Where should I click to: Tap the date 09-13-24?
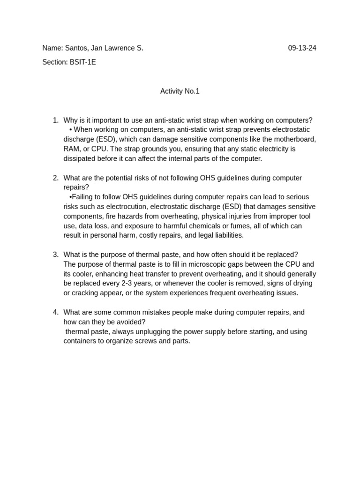pos(302,48)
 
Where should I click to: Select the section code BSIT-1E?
pos(82,62)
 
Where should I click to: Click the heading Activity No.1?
pos(180,91)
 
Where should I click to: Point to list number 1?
pos(55,120)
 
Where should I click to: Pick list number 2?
pos(55,178)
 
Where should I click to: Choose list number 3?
pos(55,255)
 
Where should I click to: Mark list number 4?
pos(55,312)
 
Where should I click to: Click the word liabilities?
pos(226,235)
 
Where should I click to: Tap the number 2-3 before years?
pos(127,284)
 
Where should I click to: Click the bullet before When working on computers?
pos(70,130)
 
